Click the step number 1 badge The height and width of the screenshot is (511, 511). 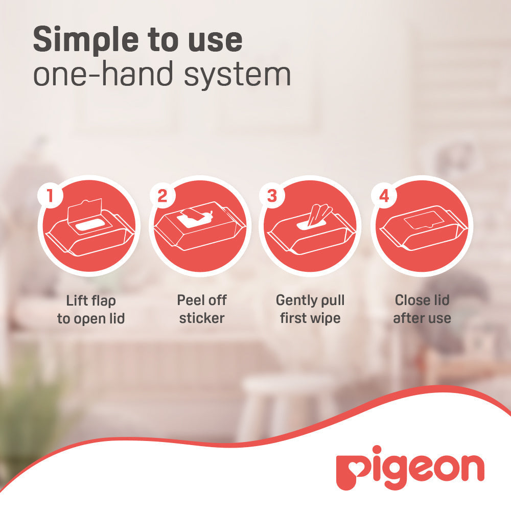point(50,196)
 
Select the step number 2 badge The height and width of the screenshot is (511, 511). point(162,196)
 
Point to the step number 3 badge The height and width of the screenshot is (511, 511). point(272,196)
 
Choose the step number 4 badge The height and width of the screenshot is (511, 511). point(384,196)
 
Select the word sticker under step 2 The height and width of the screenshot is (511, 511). point(202,318)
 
